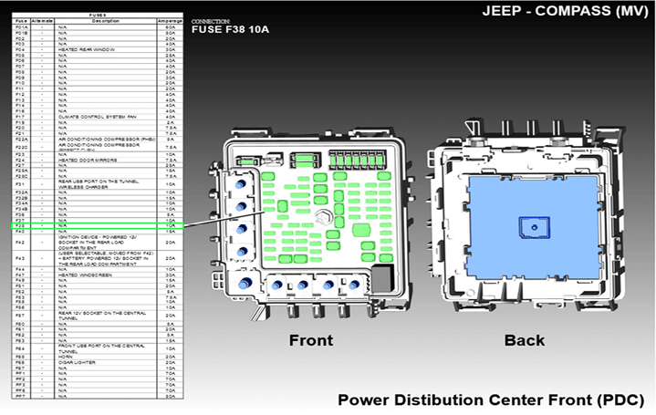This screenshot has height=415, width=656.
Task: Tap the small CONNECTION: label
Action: (x=212, y=20)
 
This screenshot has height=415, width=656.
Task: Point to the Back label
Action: (x=524, y=340)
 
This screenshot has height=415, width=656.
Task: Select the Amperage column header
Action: (x=170, y=18)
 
